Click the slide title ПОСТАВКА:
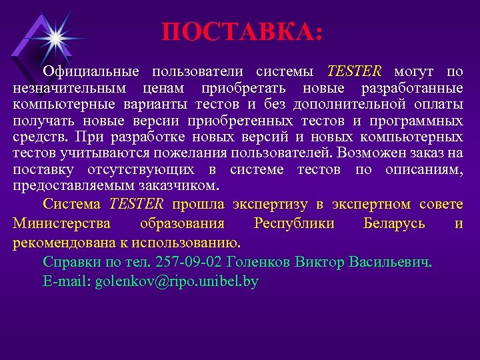point(241,32)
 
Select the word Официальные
point(91,71)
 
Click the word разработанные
point(412,88)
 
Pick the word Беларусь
point(394,223)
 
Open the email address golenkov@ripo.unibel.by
point(177,281)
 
